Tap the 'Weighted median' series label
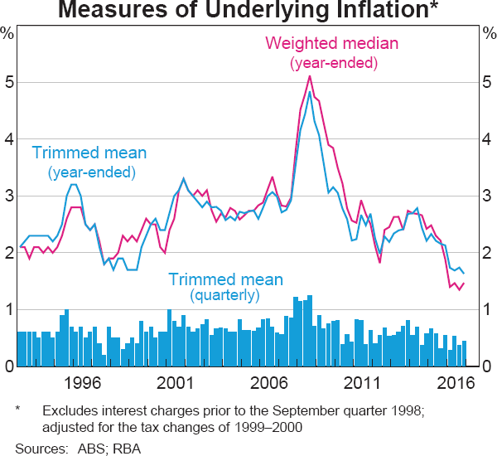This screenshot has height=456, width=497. click(331, 43)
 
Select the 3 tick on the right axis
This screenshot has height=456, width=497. click(488, 196)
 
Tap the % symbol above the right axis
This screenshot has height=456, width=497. click(488, 34)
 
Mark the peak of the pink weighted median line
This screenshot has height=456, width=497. click(309, 76)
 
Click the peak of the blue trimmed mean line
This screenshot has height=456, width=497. click(309, 91)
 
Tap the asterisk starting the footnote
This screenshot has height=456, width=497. click(18, 410)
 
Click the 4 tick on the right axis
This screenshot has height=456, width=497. click(488, 140)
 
